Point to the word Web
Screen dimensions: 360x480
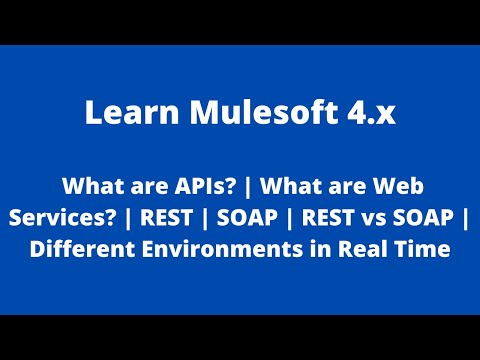(x=390, y=186)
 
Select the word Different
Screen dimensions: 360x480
(x=74, y=248)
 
